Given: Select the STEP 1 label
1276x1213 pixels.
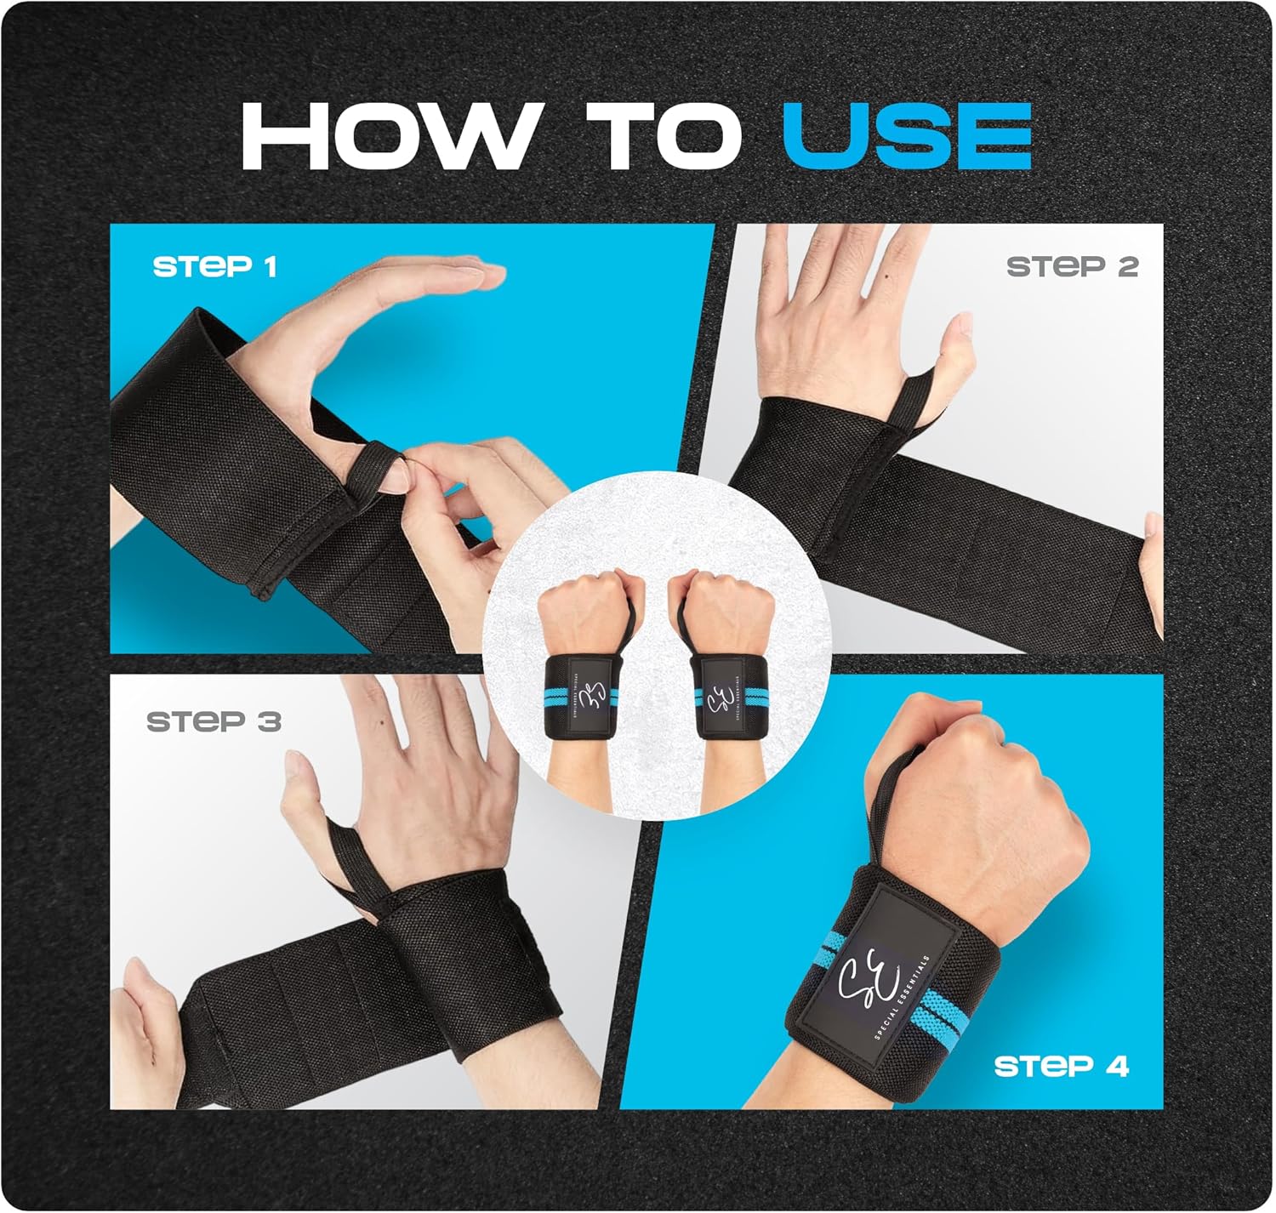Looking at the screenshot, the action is coord(215,267).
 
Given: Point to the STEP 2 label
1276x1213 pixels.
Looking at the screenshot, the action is coord(1072,267).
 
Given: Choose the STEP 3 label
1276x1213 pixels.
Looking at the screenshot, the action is coord(214,721).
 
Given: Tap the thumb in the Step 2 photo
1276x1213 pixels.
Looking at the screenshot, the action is coord(957,363).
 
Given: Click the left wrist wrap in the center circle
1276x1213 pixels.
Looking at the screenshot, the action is coord(581,698).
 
